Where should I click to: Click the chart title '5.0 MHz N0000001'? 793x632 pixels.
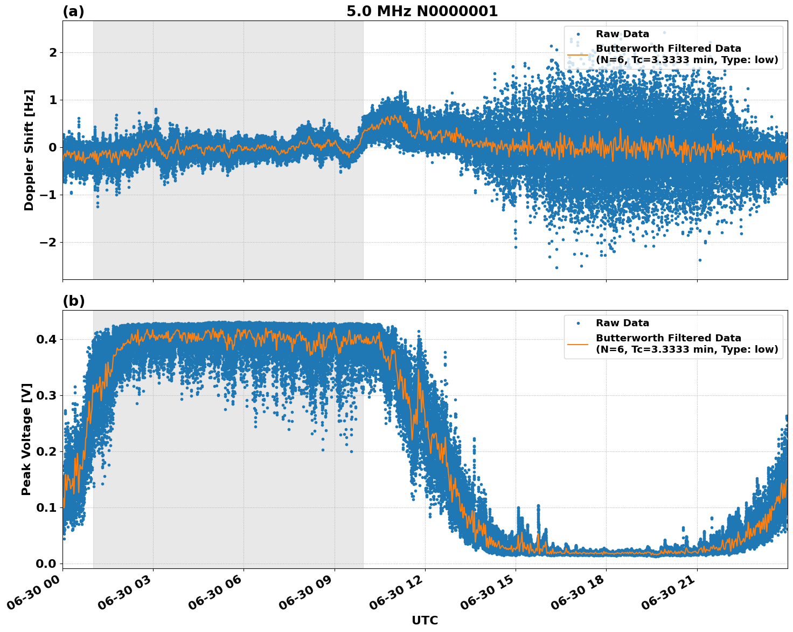pyautogui.click(x=422, y=11)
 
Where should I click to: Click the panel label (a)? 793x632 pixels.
pyautogui.click(x=73, y=11)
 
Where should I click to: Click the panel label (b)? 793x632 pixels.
pyautogui.click(x=73, y=301)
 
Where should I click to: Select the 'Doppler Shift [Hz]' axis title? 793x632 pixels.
pyautogui.click(x=29, y=150)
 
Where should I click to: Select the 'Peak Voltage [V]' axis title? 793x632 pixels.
pyautogui.click(x=26, y=439)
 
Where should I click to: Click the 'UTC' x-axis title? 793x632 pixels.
pyautogui.click(x=425, y=620)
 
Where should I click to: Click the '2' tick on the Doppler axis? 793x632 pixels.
pyautogui.click(x=53, y=53)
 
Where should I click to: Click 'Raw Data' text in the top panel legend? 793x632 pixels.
pyautogui.click(x=622, y=34)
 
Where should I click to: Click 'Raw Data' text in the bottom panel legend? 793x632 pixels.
pyautogui.click(x=622, y=323)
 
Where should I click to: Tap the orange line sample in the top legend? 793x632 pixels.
pyautogui.click(x=578, y=54)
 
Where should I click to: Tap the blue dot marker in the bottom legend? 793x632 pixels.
pyautogui.click(x=578, y=323)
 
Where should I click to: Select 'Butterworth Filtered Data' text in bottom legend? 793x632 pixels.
pyautogui.click(x=668, y=338)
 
